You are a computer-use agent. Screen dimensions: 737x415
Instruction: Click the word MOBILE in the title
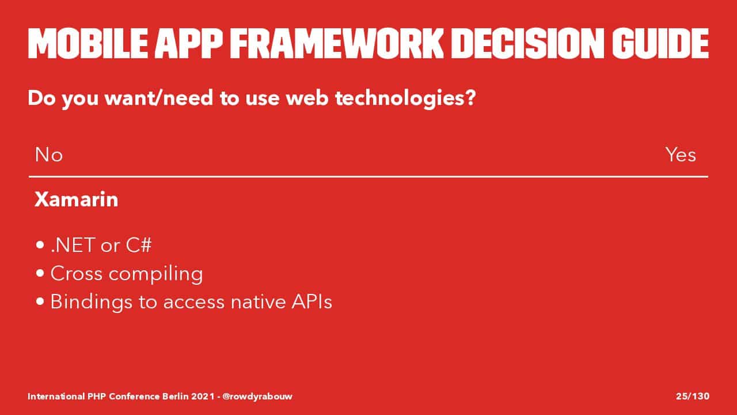[88, 43]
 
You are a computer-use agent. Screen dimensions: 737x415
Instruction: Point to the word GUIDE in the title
[660, 43]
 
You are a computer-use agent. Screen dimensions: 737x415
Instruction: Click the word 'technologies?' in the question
[406, 99]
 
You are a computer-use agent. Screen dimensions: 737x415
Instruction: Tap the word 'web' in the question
[307, 98]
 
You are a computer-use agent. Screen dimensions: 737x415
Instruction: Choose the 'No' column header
[49, 155]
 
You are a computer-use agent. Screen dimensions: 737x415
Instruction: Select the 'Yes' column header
[681, 155]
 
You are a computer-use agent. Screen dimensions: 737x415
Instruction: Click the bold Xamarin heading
[77, 199]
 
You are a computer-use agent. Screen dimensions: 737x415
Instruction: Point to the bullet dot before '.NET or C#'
[40, 245]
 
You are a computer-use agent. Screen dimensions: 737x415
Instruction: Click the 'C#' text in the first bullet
[139, 245]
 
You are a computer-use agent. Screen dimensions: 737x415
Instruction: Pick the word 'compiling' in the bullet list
[155, 274]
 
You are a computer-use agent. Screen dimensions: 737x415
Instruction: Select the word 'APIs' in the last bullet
[312, 301]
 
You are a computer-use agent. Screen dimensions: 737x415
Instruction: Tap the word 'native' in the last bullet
[259, 301]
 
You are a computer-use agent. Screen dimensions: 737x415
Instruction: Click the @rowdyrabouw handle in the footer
[257, 396]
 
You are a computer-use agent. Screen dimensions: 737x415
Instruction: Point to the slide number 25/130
[693, 396]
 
